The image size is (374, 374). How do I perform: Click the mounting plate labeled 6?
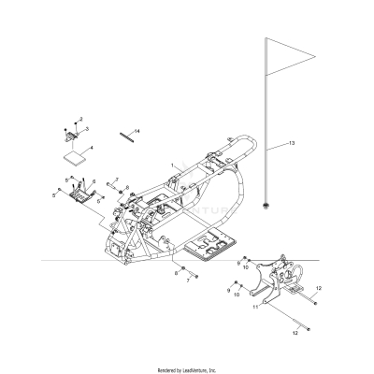90,194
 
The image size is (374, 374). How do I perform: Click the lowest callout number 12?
298,332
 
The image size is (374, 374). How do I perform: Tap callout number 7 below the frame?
186,280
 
